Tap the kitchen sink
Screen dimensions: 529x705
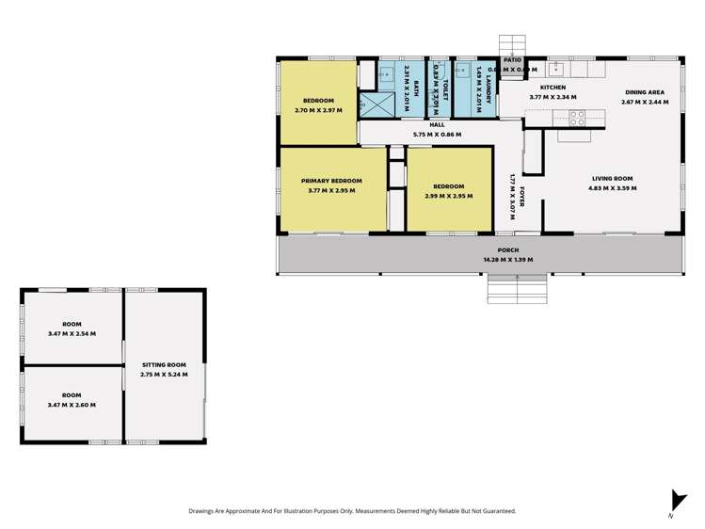[556, 68]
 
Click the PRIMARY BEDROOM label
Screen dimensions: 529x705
[332, 181]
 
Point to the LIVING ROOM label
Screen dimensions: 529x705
[612, 179]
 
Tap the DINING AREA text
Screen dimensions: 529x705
[645, 92]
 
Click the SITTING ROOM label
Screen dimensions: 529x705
[165, 364]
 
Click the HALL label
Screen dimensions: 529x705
[437, 125]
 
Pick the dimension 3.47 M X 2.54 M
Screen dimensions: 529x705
[72, 333]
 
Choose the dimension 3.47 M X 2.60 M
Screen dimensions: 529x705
[72, 405]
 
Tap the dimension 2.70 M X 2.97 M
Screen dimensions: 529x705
[317, 110]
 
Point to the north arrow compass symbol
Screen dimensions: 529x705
[672, 503]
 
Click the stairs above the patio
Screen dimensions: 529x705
[511, 45]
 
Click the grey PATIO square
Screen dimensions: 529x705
[511, 66]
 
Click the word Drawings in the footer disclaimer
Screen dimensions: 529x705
[204, 511]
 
